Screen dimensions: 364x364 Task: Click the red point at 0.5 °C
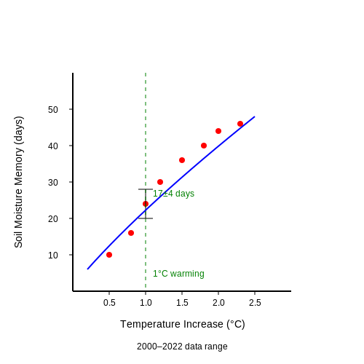pos(109,255)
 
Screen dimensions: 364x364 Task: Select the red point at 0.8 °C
pos(131,233)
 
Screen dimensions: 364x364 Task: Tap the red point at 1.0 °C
pos(146,204)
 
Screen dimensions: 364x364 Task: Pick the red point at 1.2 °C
pos(160,182)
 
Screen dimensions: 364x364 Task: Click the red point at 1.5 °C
pos(182,160)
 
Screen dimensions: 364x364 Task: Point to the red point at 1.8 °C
pos(204,146)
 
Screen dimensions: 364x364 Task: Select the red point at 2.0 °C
pos(218,131)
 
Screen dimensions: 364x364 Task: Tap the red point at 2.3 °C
pos(240,124)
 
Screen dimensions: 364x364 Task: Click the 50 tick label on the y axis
pos(53,110)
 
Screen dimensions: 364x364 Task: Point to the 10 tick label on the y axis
pos(53,256)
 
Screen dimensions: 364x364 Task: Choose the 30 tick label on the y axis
pos(53,183)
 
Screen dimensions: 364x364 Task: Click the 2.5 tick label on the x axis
pos(255,303)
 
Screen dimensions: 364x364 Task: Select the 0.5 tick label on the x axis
pos(109,303)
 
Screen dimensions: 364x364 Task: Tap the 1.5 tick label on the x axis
pos(182,303)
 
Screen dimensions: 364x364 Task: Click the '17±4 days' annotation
pos(173,194)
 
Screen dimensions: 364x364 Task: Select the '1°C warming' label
pos(178,274)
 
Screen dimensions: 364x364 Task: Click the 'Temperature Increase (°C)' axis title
pos(183,324)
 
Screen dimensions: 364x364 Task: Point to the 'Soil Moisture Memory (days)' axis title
pos(18,182)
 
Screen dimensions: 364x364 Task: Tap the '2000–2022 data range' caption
pos(182,347)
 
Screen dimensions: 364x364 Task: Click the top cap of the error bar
pos(146,189)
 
